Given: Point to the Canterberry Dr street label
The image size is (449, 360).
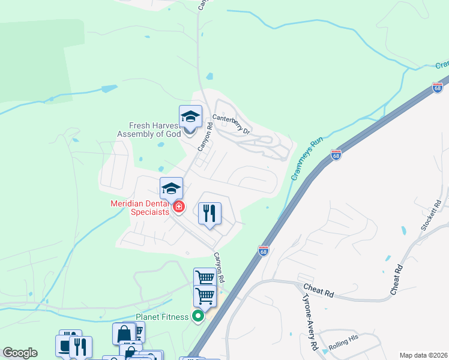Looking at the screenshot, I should coord(231,122).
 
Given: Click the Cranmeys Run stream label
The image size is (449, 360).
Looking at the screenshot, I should coord(307,158).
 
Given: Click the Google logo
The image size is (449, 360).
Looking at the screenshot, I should coord(20,353).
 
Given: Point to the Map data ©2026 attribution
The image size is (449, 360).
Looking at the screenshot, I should coord(424,355).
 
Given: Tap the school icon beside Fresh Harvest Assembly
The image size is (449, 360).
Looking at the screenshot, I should coord(190,116).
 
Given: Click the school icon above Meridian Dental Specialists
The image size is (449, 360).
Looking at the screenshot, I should coord(171,188).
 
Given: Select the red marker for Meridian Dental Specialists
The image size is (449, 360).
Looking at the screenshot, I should coord(178,208).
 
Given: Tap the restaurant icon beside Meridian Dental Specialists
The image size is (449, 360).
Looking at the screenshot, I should coord(210,213).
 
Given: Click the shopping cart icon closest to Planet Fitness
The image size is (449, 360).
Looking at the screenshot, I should coord(205,296).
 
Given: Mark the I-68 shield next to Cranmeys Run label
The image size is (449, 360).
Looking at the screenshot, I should coord(336,155).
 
